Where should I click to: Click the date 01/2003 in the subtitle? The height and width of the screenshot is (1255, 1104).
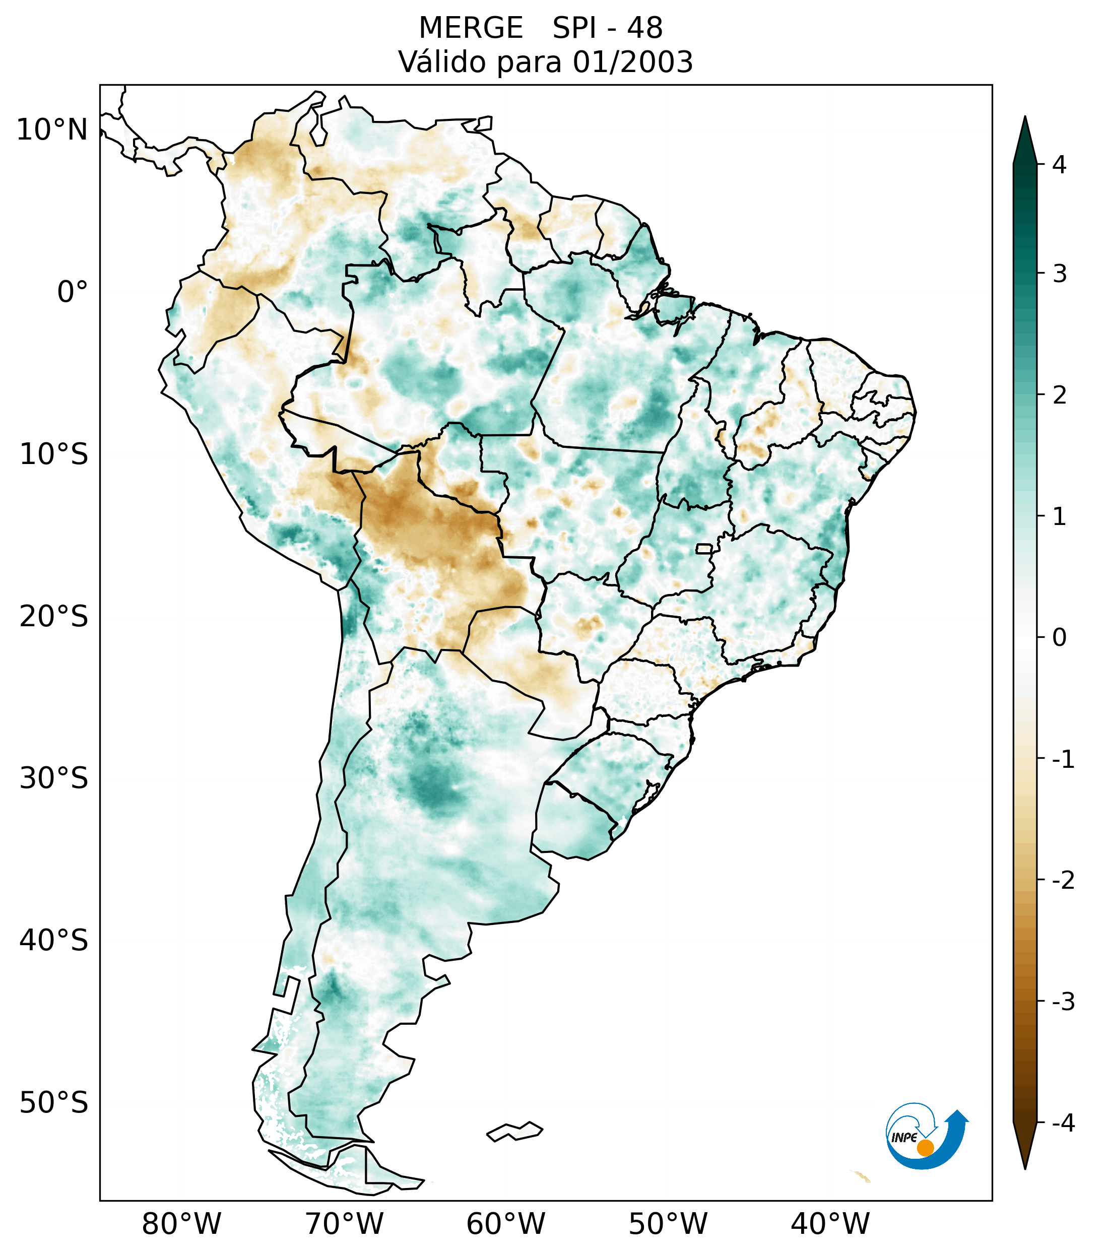click(x=632, y=62)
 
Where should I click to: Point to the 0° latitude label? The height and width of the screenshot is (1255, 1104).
click(x=73, y=292)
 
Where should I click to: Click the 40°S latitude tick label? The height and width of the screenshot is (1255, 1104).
click(x=54, y=941)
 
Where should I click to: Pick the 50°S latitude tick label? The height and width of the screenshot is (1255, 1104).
click(x=54, y=1103)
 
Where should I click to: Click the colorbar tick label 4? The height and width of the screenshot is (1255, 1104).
click(x=1059, y=165)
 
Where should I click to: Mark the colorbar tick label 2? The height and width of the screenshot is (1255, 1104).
click(x=1059, y=395)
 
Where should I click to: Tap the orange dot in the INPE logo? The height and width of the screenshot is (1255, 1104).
click(x=925, y=1148)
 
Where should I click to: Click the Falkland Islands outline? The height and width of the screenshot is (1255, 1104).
click(x=514, y=1131)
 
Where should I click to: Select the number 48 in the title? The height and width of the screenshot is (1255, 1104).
click(x=645, y=28)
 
